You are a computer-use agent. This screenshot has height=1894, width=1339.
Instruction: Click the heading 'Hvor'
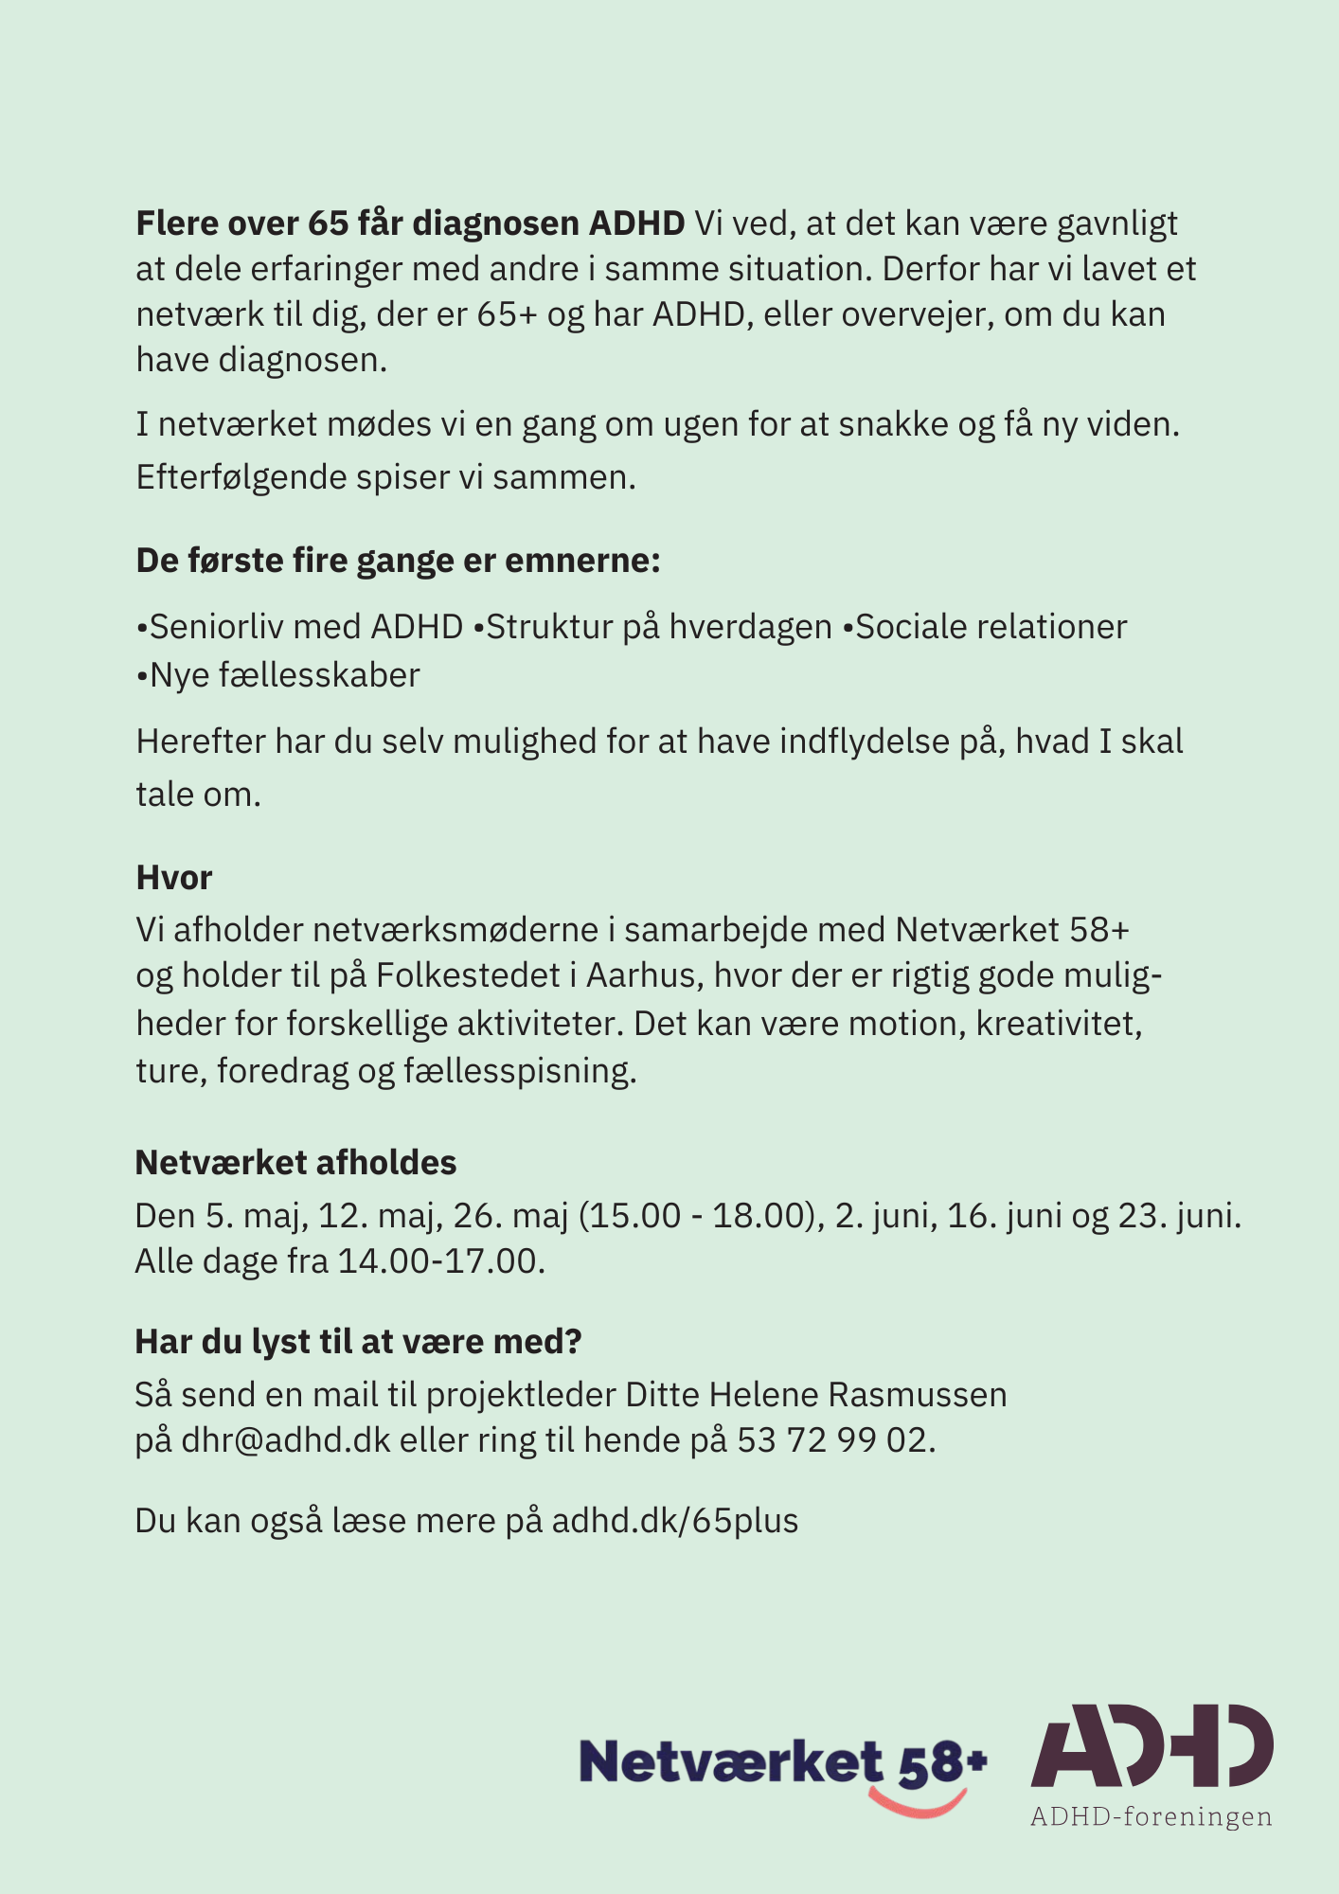pyautogui.click(x=174, y=878)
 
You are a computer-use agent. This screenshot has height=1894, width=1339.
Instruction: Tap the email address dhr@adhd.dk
pyautogui.click(x=286, y=1440)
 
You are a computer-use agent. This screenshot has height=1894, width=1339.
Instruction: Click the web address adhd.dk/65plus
pyautogui.click(x=675, y=1520)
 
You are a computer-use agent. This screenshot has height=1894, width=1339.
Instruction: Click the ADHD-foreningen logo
pyautogui.click(x=1152, y=1763)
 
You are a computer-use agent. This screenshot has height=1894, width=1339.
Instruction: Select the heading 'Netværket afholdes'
pyautogui.click(x=295, y=1162)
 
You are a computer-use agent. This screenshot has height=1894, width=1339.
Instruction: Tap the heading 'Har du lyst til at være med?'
pyautogui.click(x=358, y=1341)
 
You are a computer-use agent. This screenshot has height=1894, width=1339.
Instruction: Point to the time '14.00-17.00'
pyautogui.click(x=437, y=1261)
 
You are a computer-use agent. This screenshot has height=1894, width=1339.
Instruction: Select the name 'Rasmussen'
pyautogui.click(x=918, y=1394)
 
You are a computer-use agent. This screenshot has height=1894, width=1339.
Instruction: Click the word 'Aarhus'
pyautogui.click(x=640, y=975)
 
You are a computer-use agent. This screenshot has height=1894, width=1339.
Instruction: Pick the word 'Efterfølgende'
pyautogui.click(x=241, y=477)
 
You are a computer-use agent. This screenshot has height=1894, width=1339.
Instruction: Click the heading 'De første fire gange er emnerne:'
pyautogui.click(x=398, y=561)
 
